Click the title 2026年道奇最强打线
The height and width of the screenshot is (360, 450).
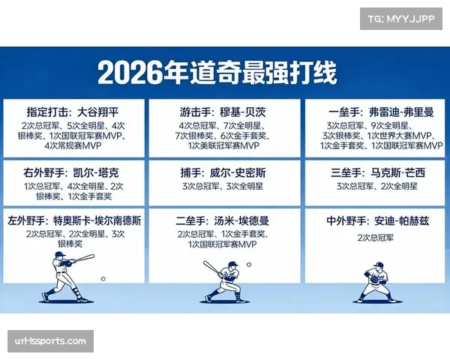pos(217,73)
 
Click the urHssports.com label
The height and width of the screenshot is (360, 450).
pos(50,341)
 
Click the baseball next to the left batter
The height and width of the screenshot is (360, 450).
pos(103,279)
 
